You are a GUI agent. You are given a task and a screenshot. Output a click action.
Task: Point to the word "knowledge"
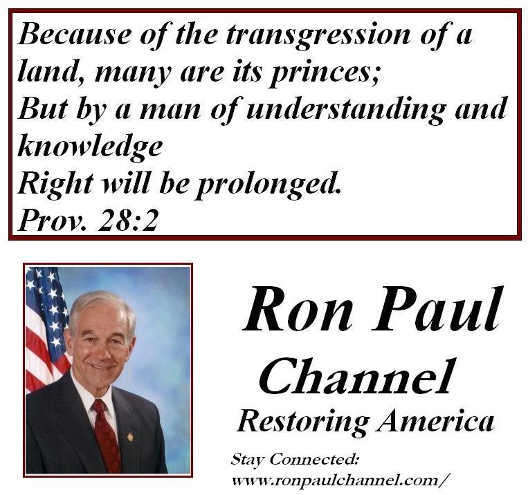[x=90, y=147]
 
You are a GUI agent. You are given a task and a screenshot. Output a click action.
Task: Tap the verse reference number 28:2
[x=128, y=221]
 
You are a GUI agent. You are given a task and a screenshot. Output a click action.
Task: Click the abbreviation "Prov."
[x=52, y=221]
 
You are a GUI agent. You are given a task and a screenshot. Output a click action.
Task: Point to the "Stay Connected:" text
[x=294, y=460]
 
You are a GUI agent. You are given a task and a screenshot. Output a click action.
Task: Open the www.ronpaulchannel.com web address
[x=340, y=480]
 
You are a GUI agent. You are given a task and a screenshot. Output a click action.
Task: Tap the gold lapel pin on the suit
[x=130, y=437]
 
